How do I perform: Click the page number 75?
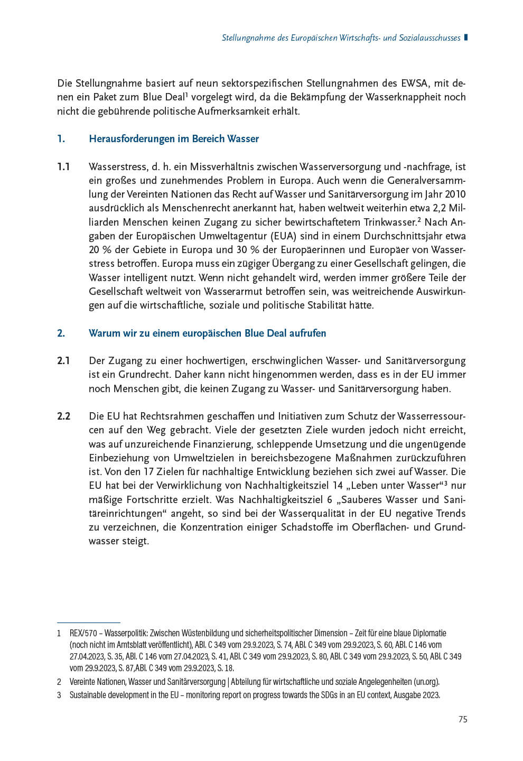point(462,719)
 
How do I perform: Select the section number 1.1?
point(63,167)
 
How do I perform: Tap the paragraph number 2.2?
point(63,416)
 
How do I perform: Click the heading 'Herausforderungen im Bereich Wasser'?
point(174,139)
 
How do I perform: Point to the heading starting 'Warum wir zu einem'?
point(207,333)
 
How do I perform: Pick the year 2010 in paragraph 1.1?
point(454,194)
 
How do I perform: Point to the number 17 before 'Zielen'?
point(149,472)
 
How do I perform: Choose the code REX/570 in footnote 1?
point(85,633)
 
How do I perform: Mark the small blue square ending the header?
point(465,38)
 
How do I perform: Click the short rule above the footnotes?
point(89,623)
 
